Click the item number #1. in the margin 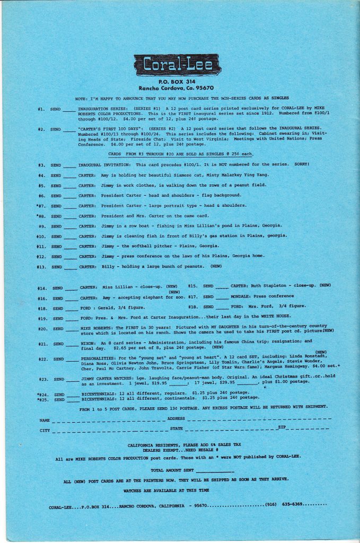(41, 109)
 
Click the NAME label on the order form (45, 420)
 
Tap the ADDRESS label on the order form (176, 419)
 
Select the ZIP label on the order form (281, 427)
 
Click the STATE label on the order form (177, 428)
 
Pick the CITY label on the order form (45, 430)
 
